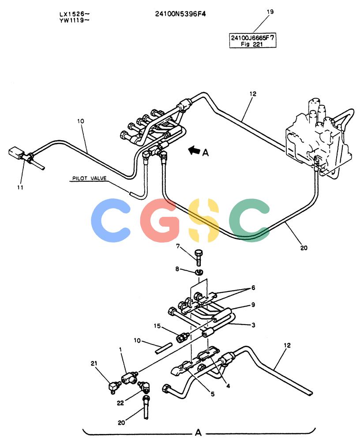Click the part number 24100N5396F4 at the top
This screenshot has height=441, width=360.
click(x=180, y=14)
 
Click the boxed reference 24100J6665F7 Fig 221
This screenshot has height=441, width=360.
click(x=252, y=41)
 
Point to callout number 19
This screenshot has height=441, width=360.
click(x=270, y=12)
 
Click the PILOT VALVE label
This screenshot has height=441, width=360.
click(x=90, y=178)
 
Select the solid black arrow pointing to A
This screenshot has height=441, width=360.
click(x=194, y=150)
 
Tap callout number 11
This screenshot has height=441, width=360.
click(x=20, y=187)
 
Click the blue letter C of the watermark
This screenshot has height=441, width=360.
click(x=111, y=220)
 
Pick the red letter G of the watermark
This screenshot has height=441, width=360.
click(x=159, y=220)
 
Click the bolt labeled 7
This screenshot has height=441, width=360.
click(x=198, y=257)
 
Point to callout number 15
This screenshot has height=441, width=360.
click(x=157, y=326)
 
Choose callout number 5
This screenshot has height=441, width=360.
click(x=213, y=394)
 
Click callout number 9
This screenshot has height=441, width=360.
click(x=253, y=305)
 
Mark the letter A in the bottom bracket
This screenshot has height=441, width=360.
click(x=198, y=432)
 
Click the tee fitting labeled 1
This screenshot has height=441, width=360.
click(x=129, y=377)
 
